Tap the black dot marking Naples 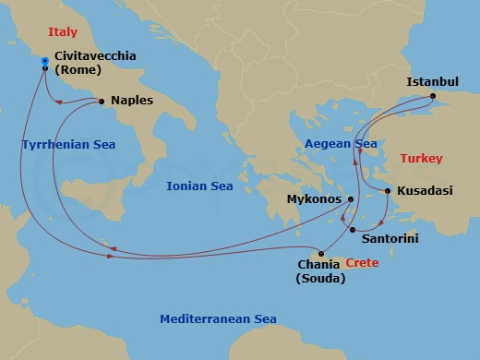click(101, 101)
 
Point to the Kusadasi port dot click(387, 191)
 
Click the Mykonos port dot click(351, 198)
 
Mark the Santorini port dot click(352, 229)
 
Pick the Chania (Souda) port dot click(320, 254)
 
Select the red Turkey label click(422, 158)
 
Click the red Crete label click(363, 263)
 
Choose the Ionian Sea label click(198, 186)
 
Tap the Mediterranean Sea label click(218, 318)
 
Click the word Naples click(130, 100)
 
